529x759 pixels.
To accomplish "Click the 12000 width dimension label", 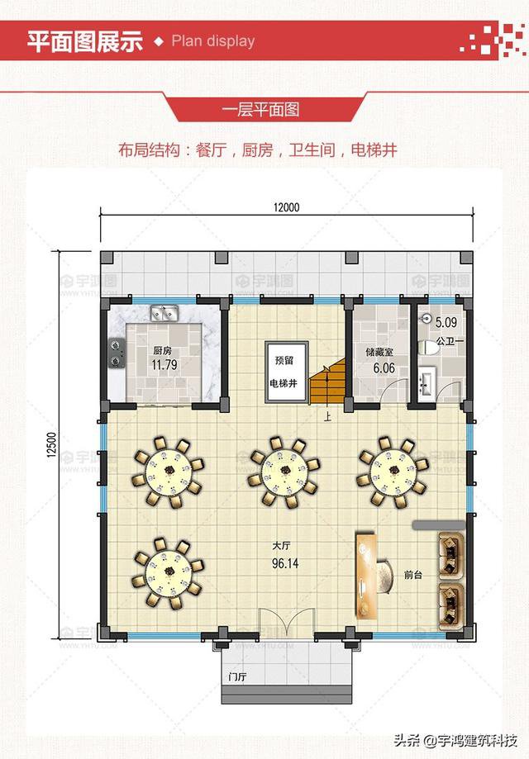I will (287, 206).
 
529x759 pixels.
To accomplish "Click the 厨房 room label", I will (161, 349).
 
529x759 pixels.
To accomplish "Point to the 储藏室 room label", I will (379, 351).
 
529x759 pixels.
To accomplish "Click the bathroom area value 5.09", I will (446, 323).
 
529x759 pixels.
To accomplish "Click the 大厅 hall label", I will (283, 546).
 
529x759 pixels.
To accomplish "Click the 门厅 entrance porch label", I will (237, 677).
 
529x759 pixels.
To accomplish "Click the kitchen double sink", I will (165, 313).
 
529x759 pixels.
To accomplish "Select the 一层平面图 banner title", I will (260, 109).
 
